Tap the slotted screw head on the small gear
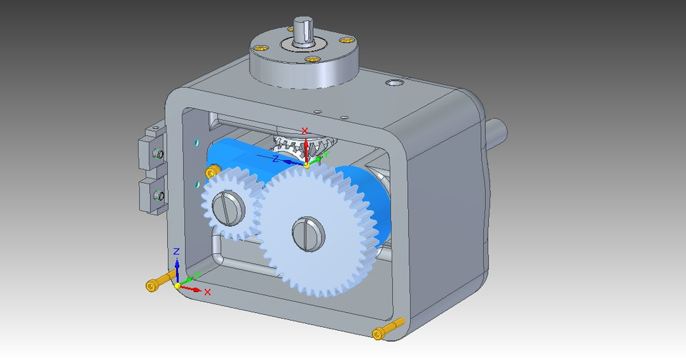[231, 208]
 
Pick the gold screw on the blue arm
[212, 172]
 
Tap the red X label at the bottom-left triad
[208, 292]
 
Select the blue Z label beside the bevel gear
[275, 159]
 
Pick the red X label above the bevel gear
[305, 131]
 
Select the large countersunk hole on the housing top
[394, 84]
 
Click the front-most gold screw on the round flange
[310, 59]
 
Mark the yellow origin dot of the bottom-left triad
[178, 286]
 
